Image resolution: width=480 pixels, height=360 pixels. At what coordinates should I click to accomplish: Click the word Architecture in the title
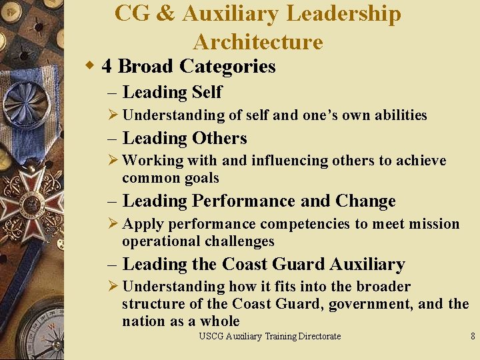click(258, 42)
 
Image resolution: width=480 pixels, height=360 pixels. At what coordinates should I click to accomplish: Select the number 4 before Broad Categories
click(107, 67)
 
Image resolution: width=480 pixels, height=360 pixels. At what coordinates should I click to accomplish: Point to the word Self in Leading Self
click(207, 92)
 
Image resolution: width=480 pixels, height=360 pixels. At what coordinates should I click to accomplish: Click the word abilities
click(400, 115)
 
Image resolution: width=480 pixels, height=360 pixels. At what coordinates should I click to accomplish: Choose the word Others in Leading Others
click(219, 138)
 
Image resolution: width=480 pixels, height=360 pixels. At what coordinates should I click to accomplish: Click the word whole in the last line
click(220, 321)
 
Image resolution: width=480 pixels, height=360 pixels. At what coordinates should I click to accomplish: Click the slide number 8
click(473, 337)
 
